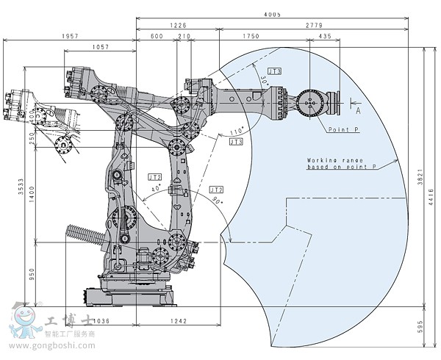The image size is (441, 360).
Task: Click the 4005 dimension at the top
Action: point(273,14)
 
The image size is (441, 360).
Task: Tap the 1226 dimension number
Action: point(179,25)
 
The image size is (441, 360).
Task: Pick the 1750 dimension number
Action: point(251,36)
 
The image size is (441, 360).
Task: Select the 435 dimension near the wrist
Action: point(324,36)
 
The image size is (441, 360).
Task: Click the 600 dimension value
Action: point(156,36)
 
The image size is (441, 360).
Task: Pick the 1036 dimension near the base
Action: point(101,321)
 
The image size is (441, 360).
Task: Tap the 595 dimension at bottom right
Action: point(434,325)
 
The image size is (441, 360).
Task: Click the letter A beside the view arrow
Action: point(358,112)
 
